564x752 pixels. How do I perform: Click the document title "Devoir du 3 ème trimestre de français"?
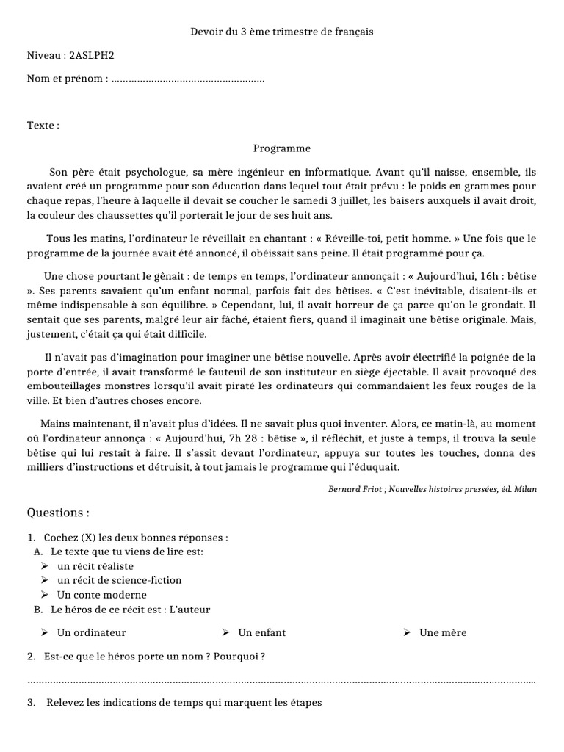click(x=282, y=32)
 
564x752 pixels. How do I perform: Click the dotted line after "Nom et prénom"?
click(x=187, y=79)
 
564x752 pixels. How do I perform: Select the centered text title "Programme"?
click(x=282, y=148)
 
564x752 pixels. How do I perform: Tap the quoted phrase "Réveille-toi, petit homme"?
click(x=392, y=239)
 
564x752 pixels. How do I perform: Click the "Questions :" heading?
click(x=59, y=513)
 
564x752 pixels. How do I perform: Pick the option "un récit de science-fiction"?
click(x=119, y=580)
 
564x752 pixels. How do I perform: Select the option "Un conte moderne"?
click(x=101, y=595)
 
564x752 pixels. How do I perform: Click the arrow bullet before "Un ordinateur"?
click(x=44, y=632)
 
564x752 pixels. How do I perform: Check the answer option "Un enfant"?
click(x=261, y=632)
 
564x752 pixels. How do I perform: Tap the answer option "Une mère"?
click(x=442, y=632)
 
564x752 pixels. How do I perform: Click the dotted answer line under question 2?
click(x=282, y=681)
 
